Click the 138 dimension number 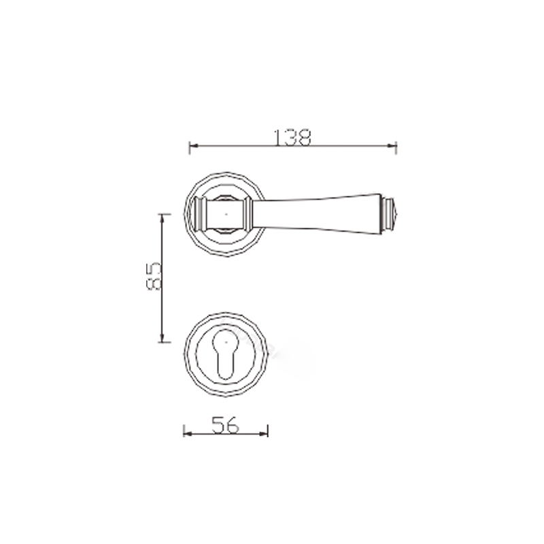[292, 137]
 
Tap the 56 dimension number [225, 424]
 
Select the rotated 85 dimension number [154, 277]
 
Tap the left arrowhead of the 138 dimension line [192, 145]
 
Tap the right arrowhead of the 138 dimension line [394, 145]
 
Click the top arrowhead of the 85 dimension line [162, 216]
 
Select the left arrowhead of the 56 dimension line [187, 432]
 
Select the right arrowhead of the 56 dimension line [266, 432]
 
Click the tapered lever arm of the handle [320, 212]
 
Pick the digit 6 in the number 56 [233, 424]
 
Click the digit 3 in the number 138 [290, 137]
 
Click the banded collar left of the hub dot [201, 214]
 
